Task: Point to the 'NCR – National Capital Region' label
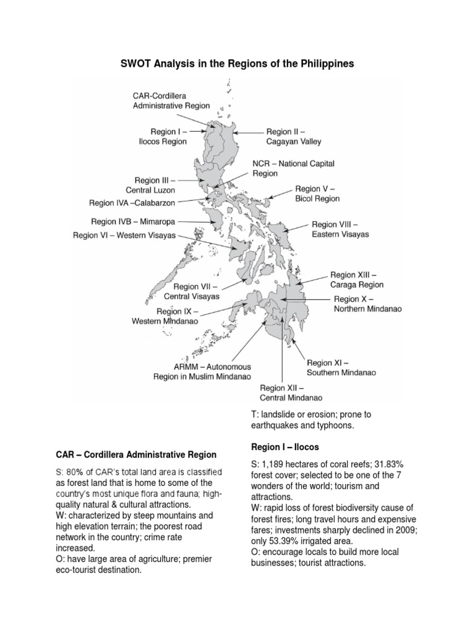[293, 169]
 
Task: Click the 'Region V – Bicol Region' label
[317, 193]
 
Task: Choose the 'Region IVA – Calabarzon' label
[132, 203]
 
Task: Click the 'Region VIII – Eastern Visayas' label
[340, 229]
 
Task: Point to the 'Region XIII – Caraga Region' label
[357, 279]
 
